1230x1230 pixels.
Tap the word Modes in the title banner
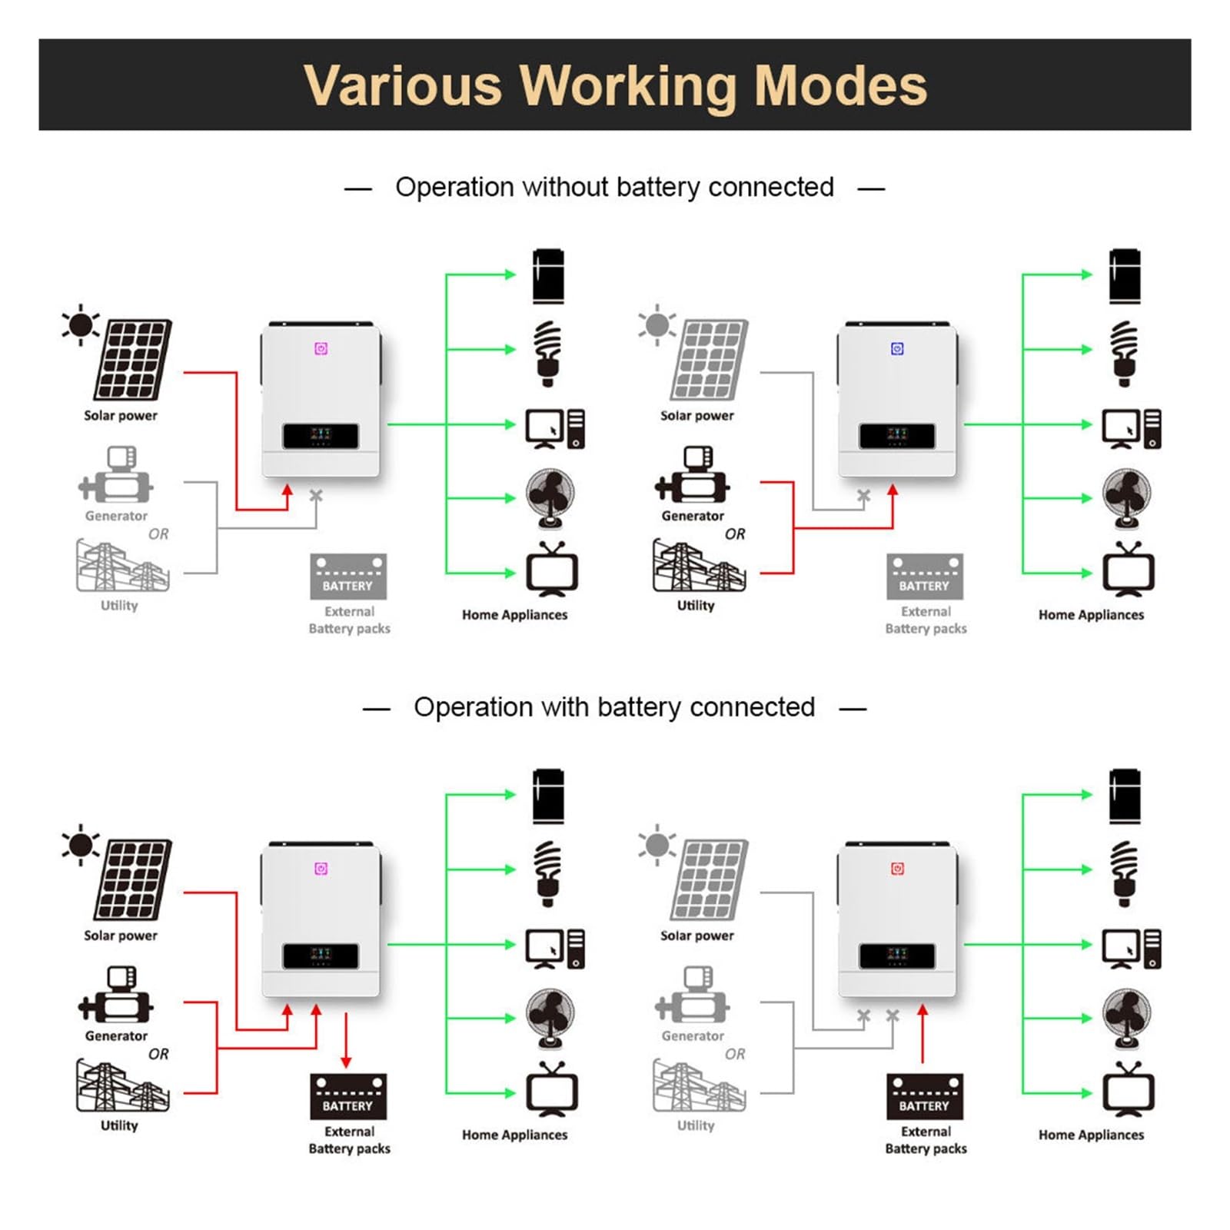click(x=841, y=85)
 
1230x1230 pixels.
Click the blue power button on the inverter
click(x=897, y=349)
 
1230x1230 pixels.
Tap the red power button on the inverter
click(x=897, y=869)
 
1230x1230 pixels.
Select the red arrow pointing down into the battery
click(x=346, y=1040)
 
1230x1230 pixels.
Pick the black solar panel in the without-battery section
click(x=133, y=360)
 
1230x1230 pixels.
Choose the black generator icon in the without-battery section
click(x=692, y=475)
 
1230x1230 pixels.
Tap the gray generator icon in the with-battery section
click(x=692, y=996)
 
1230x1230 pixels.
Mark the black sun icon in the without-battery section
click(x=80, y=325)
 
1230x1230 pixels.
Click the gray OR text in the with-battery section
click(x=735, y=1054)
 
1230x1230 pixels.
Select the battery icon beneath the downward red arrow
click(x=348, y=1096)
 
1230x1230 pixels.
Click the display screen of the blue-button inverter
click(x=897, y=436)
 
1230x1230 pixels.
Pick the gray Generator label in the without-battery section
click(x=116, y=516)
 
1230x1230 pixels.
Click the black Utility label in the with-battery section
click(x=119, y=1125)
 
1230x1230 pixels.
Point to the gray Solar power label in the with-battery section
click(x=697, y=936)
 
